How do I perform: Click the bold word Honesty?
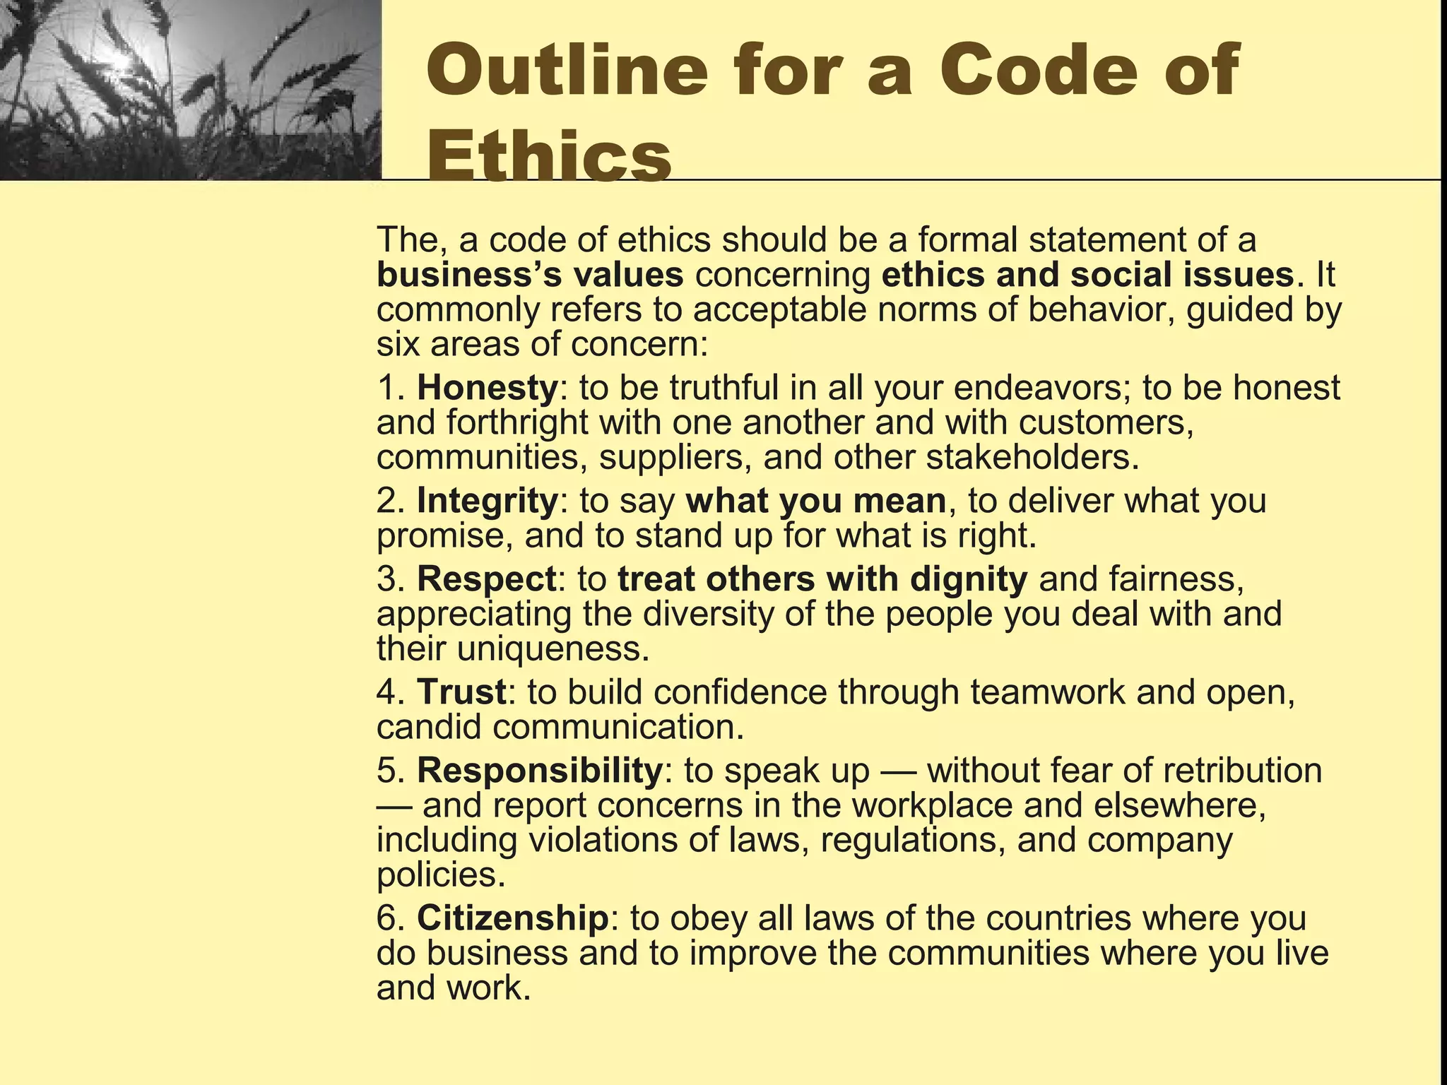[488, 388]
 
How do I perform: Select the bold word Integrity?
[488, 501]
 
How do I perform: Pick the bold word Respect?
[486, 579]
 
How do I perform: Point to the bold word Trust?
[461, 692]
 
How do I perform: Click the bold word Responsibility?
[540, 770]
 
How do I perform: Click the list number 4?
[387, 692]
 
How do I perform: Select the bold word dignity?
[968, 579]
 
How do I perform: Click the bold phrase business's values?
[530, 275]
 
